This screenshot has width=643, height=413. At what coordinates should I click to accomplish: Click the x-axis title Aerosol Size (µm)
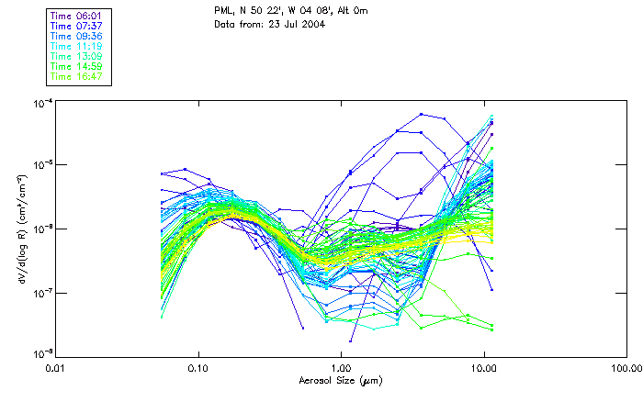[x=340, y=380]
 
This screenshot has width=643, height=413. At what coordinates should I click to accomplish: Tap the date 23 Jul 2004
[x=293, y=23]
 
